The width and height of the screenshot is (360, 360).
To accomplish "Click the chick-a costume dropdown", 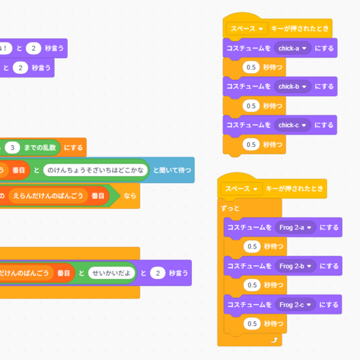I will click(292, 47).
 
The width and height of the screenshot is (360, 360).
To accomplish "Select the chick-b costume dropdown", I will click(292, 86).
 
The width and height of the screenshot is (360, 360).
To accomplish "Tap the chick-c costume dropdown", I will click(292, 125).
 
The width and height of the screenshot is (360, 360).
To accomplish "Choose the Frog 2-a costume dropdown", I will click(295, 227).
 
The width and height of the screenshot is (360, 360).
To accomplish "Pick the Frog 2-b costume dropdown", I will click(295, 266).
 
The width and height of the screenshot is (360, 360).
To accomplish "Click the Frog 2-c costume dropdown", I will click(295, 305).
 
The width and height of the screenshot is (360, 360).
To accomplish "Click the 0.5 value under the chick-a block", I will click(251, 67).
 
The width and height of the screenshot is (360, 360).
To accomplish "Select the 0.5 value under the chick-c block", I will click(251, 145).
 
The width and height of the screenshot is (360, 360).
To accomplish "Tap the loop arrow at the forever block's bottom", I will click(275, 340).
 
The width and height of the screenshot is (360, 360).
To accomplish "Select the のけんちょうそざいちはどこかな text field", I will click(95, 170).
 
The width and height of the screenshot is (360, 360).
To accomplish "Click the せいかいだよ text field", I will click(112, 273).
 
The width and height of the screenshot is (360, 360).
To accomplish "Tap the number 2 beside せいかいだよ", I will click(157, 273).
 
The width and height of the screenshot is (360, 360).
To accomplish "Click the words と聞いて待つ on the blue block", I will click(172, 170).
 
